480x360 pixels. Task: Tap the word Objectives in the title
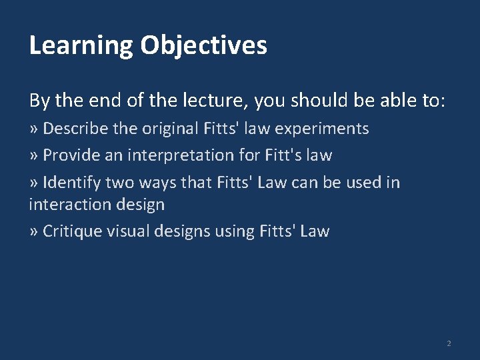pos(203,46)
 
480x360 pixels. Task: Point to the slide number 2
pos(449,343)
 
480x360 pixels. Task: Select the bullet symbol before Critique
pos(33,232)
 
